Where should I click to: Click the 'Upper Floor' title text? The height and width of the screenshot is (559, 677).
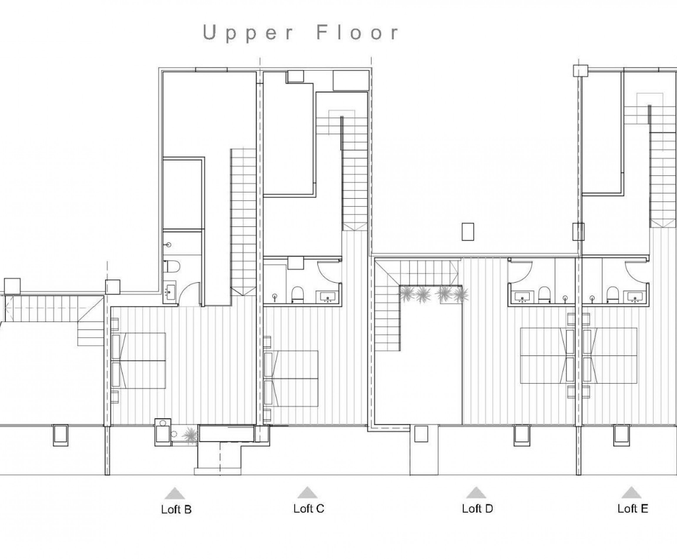[301, 33]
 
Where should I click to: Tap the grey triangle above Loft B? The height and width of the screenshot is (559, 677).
[175, 493]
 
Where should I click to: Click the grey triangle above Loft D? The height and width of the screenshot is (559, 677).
[476, 493]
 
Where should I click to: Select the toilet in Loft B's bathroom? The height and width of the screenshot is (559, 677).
[171, 267]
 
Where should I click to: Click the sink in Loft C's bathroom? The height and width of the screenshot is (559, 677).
[327, 296]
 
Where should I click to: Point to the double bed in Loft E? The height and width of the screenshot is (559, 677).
[610, 355]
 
